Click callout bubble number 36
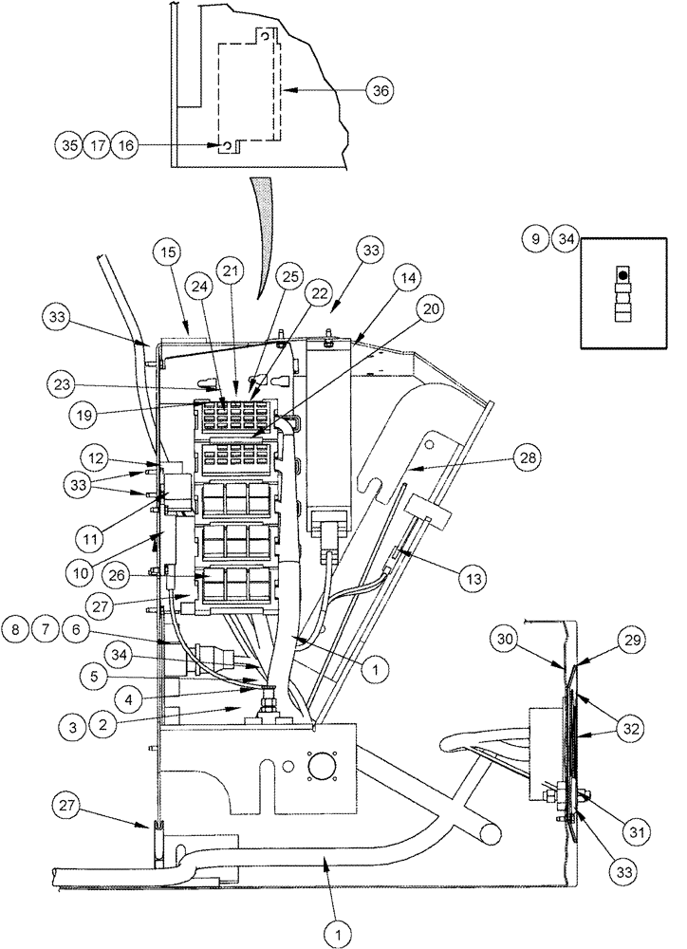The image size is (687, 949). tap(380, 90)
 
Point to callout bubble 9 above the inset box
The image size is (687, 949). tap(536, 241)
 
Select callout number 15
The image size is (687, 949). tap(168, 254)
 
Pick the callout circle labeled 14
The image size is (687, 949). tap(408, 279)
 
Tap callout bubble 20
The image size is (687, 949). tap(431, 307)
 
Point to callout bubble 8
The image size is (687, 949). tap(16, 627)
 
